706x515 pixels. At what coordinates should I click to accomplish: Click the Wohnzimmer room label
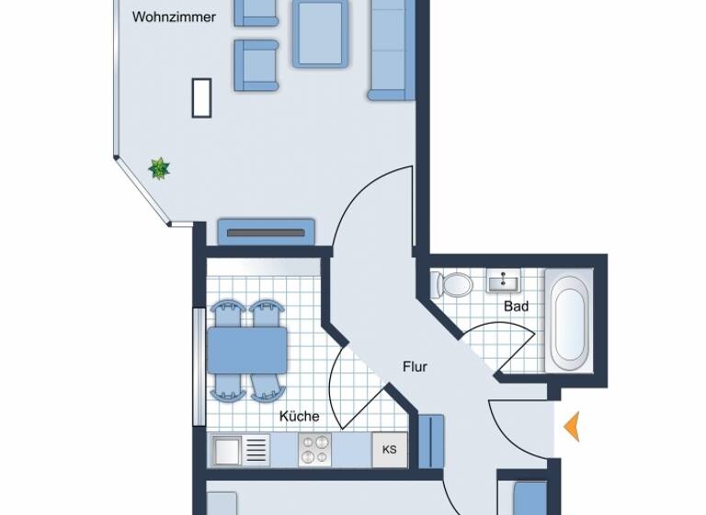(x=174, y=17)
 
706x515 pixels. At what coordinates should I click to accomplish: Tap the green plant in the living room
(x=160, y=168)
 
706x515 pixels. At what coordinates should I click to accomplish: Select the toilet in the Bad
(x=452, y=284)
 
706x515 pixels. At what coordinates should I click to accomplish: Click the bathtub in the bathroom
(x=569, y=319)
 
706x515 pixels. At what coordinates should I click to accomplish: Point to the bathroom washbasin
(x=502, y=280)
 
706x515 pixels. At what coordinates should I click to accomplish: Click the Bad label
(x=516, y=306)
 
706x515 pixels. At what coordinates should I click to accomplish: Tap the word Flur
(x=415, y=366)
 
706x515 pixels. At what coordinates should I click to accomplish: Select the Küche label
(x=299, y=416)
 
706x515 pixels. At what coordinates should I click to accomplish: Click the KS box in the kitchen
(x=390, y=450)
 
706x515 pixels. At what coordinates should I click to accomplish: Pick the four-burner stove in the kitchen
(x=315, y=450)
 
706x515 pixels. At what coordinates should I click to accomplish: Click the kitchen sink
(x=241, y=450)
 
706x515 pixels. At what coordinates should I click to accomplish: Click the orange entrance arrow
(x=572, y=427)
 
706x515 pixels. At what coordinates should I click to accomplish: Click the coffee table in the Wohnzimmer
(x=321, y=33)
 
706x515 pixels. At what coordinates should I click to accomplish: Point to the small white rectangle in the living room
(x=201, y=97)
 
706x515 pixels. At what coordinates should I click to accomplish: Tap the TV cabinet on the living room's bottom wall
(x=266, y=232)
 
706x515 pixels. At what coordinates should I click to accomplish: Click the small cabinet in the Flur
(x=430, y=441)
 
